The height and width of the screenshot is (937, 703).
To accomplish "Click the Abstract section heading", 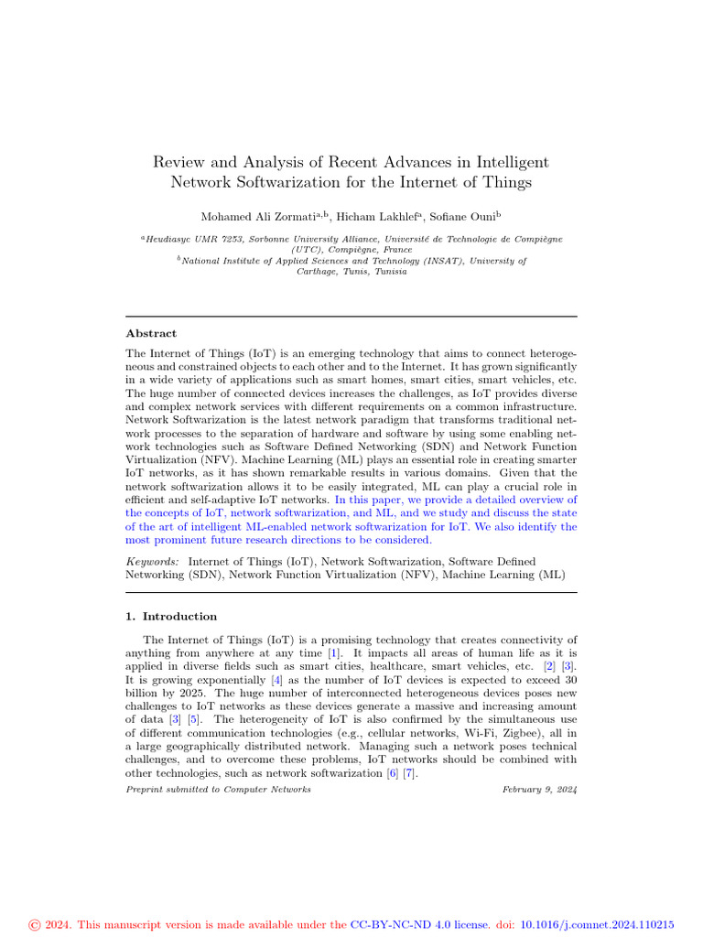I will (151, 334).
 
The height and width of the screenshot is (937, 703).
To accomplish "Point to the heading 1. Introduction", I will (171, 617).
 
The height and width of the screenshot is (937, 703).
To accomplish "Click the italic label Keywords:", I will (153, 561).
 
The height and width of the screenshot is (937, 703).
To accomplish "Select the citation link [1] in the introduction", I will (335, 653).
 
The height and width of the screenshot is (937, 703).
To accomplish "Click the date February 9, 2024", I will (540, 790).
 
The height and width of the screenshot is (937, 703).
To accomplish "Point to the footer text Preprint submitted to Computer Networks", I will (218, 790).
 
